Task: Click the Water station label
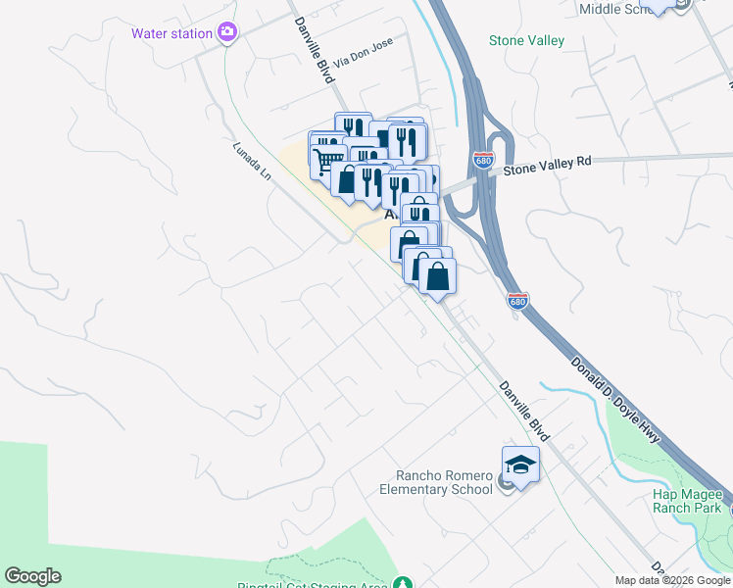click(172, 33)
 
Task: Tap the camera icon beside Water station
click(227, 33)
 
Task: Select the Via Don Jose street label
click(363, 61)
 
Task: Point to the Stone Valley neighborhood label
click(527, 40)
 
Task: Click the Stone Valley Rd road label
click(549, 167)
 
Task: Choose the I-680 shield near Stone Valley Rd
click(481, 159)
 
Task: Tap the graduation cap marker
click(520, 465)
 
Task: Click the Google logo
click(32, 576)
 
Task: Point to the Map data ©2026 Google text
click(673, 580)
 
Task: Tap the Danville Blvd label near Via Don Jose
click(315, 49)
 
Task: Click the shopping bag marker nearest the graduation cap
click(438, 275)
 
